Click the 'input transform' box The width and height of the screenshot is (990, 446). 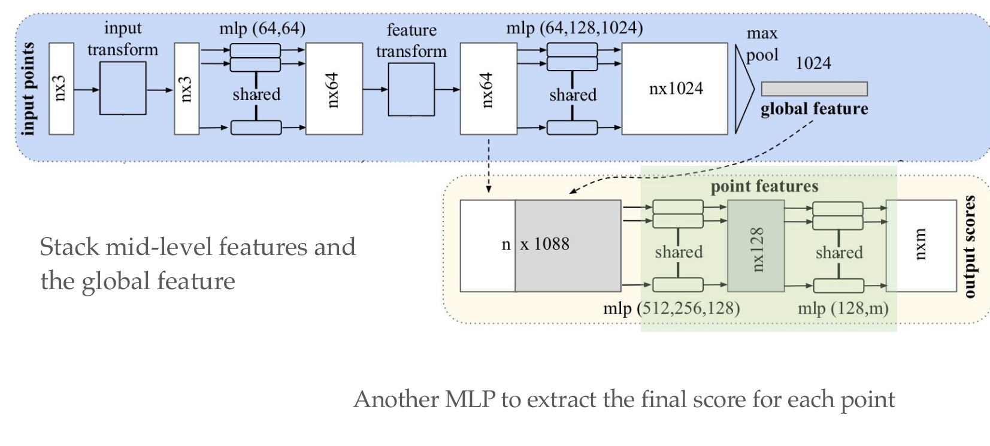tap(123, 88)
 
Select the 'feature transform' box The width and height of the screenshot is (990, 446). tap(411, 89)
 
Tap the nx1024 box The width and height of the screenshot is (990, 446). tap(675, 89)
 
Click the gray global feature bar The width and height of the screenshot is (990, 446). tap(814, 89)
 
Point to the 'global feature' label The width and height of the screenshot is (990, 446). tap(814, 109)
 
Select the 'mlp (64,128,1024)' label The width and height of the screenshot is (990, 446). tap(574, 28)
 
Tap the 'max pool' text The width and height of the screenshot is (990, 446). tap(762, 44)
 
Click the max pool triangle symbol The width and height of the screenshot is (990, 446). tap(743, 89)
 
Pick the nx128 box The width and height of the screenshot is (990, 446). tap(756, 246)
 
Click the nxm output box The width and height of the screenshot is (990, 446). tap(921, 246)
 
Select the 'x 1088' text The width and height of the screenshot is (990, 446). tap(544, 244)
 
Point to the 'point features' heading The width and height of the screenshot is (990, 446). tap(764, 187)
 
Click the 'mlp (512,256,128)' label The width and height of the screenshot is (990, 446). tap(671, 308)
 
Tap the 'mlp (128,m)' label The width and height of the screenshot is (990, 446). tap(843, 308)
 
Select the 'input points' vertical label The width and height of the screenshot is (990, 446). tap(28, 89)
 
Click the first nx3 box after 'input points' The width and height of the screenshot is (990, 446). tap(61, 89)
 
